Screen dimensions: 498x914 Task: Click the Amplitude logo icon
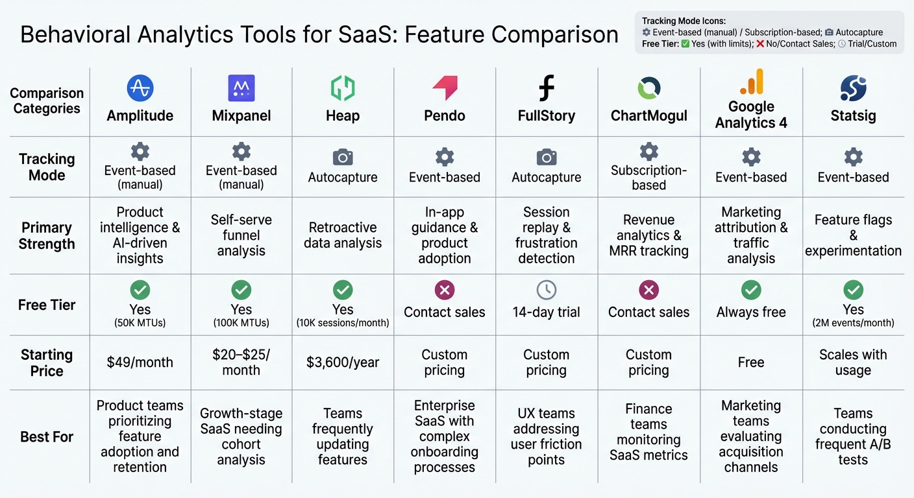click(x=140, y=88)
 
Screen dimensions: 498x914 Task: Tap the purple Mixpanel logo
click(x=241, y=88)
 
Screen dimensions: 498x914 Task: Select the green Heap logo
click(x=343, y=88)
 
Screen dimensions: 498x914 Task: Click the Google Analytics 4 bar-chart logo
click(x=751, y=82)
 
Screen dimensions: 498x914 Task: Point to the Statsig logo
click(x=853, y=88)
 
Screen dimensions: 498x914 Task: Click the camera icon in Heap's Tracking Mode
click(x=343, y=157)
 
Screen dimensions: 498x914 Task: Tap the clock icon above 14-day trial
click(x=547, y=290)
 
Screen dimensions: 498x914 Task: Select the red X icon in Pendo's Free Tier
click(x=445, y=290)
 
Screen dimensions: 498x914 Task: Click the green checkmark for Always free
click(x=751, y=290)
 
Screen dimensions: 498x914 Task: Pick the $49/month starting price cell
click(x=140, y=362)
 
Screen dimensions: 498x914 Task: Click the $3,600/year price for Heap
click(x=343, y=362)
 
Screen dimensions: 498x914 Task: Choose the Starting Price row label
click(x=47, y=362)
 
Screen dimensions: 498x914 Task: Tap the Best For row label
click(x=47, y=436)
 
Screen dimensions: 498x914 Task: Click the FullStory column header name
click(x=547, y=116)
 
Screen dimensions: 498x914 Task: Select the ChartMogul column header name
click(x=648, y=116)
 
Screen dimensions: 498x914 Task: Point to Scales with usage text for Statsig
click(x=853, y=362)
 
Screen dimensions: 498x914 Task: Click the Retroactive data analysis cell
click(x=343, y=235)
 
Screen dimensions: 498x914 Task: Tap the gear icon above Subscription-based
click(x=648, y=151)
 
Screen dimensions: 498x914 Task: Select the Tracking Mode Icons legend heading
click(x=683, y=21)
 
